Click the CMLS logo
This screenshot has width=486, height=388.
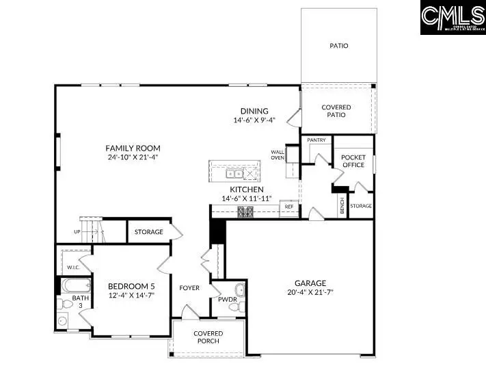click(x=452, y=18)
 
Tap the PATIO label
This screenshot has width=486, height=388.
click(x=338, y=46)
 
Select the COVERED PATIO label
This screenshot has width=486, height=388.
click(x=336, y=111)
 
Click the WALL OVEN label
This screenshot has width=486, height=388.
click(x=278, y=155)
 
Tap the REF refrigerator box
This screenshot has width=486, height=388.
click(x=289, y=206)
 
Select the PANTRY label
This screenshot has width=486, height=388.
click(x=316, y=140)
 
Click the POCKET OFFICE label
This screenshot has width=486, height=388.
click(x=353, y=161)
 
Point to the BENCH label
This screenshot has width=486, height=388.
click(x=342, y=205)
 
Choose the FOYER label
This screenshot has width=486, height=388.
click(x=189, y=288)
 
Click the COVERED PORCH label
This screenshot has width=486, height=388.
click(x=208, y=337)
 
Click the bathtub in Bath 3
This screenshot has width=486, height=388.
click(x=71, y=285)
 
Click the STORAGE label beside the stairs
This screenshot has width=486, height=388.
click(x=148, y=232)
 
